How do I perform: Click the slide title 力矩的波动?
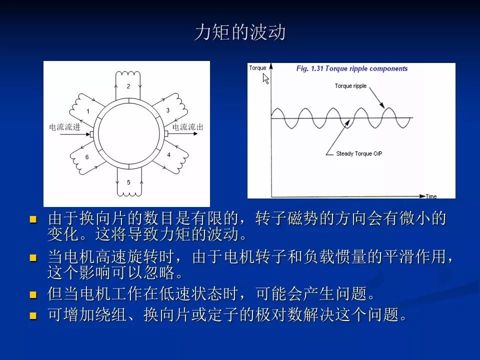click(240, 33)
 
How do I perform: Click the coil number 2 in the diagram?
click(128, 86)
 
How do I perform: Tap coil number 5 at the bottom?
click(128, 182)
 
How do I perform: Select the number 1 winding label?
click(87, 111)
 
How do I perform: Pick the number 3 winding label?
click(168, 110)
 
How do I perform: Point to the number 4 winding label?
click(168, 155)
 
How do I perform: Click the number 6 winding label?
click(87, 157)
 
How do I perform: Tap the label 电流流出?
click(188, 127)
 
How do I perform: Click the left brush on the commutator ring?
click(91, 134)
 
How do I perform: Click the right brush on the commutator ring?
click(166, 134)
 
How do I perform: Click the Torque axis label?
click(257, 68)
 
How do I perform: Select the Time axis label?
click(431, 196)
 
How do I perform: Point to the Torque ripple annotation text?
click(350, 86)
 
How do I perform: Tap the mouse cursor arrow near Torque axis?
click(265, 78)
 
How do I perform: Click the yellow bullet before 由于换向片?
click(33, 219)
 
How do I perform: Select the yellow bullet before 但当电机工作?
click(33, 294)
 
